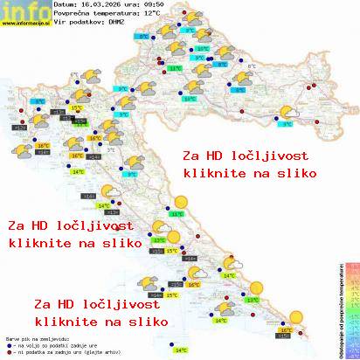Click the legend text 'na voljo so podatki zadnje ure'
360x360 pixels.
pos(41,343)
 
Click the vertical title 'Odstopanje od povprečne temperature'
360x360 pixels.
pos(338,306)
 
